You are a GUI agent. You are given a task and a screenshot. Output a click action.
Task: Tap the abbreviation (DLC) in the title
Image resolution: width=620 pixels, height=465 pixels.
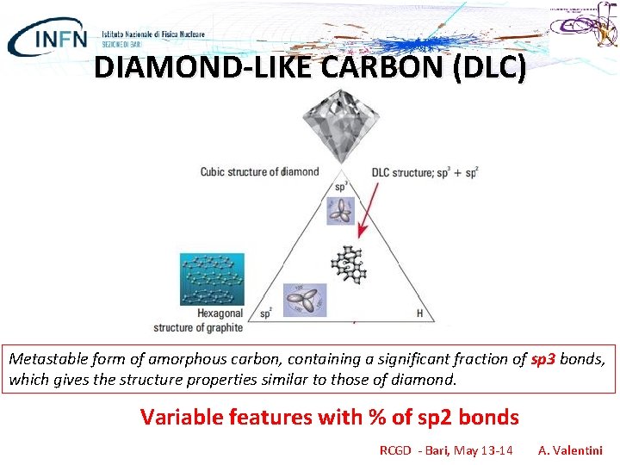(483, 67)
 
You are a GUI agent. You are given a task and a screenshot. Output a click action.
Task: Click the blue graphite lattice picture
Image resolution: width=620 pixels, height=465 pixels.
(212, 279)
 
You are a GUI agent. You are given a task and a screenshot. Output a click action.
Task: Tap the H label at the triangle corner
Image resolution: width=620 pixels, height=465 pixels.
(419, 313)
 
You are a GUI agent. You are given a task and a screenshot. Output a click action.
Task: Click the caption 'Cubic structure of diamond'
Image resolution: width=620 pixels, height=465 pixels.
(259, 171)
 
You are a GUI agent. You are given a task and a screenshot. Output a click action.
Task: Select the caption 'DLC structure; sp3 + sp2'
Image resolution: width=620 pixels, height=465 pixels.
(424, 172)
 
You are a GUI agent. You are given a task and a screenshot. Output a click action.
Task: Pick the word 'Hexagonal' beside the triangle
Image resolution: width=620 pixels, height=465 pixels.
(220, 313)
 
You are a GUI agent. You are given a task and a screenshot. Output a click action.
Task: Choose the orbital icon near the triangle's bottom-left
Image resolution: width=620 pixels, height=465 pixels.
(306, 299)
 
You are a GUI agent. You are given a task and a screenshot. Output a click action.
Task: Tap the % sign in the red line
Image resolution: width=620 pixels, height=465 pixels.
(376, 418)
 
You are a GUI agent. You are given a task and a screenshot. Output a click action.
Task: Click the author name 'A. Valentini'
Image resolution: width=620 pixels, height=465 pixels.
(570, 449)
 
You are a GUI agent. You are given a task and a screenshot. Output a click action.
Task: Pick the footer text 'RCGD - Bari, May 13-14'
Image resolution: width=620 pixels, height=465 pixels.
(446, 449)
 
